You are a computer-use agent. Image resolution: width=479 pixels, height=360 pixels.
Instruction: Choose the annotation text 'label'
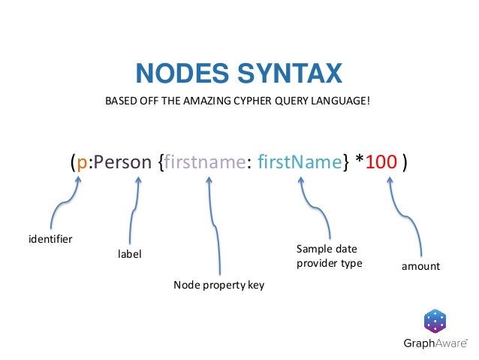pos(129,254)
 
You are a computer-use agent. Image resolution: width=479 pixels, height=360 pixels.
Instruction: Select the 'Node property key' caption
pos(218,285)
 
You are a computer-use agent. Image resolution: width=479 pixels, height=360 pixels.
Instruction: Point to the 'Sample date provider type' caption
pos(329,256)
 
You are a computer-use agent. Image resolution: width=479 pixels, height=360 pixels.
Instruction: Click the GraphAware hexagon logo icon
pos(435,321)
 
